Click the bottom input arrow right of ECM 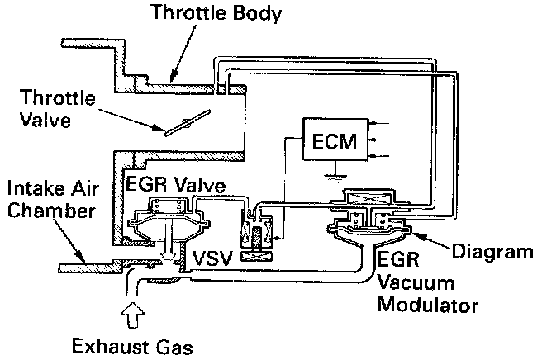pyautogui.click(x=368, y=155)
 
